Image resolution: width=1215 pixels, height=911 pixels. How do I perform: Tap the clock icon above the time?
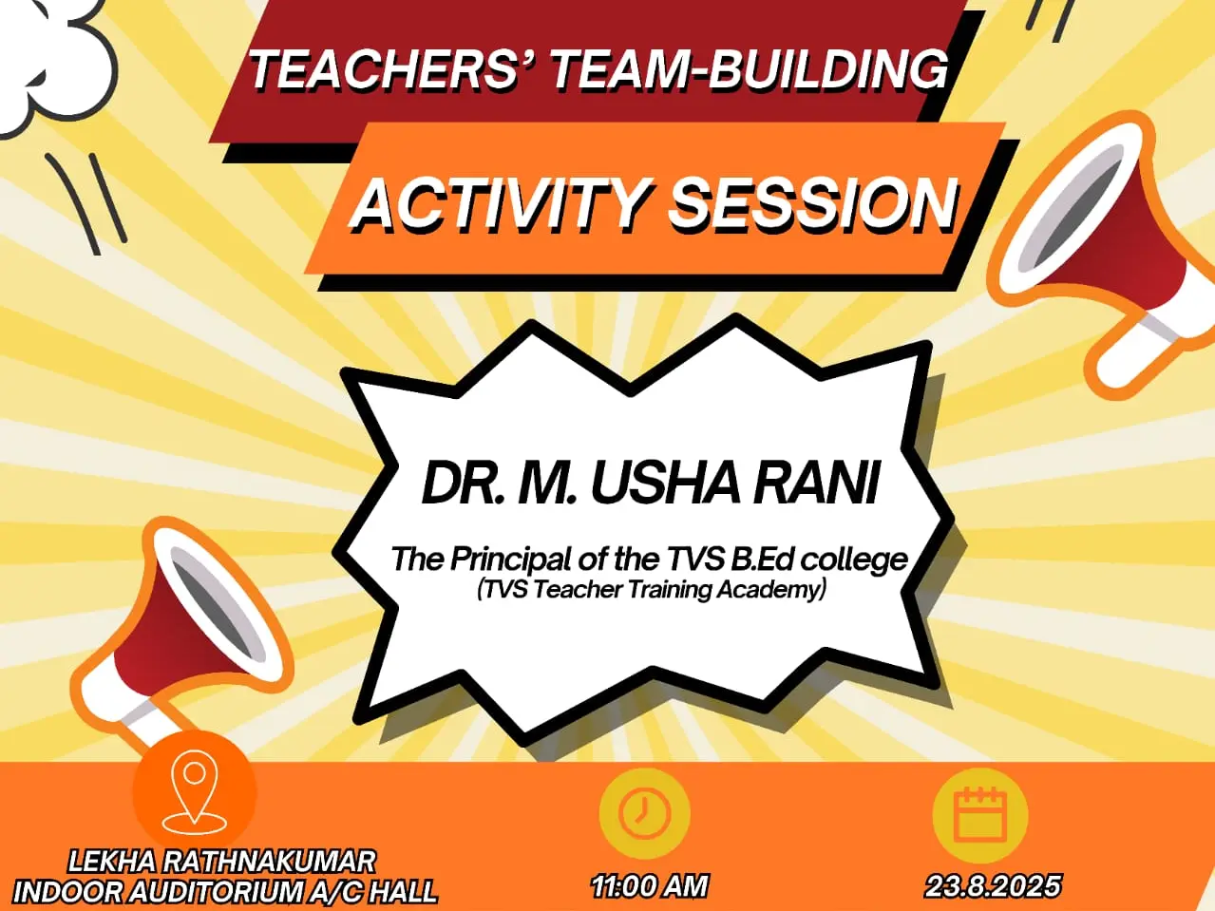(x=644, y=813)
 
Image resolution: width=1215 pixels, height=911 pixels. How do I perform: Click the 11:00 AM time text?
(x=650, y=886)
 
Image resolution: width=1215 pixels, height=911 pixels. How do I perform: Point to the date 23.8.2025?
(x=993, y=886)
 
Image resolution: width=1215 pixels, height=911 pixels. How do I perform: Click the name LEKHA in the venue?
(x=113, y=862)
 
